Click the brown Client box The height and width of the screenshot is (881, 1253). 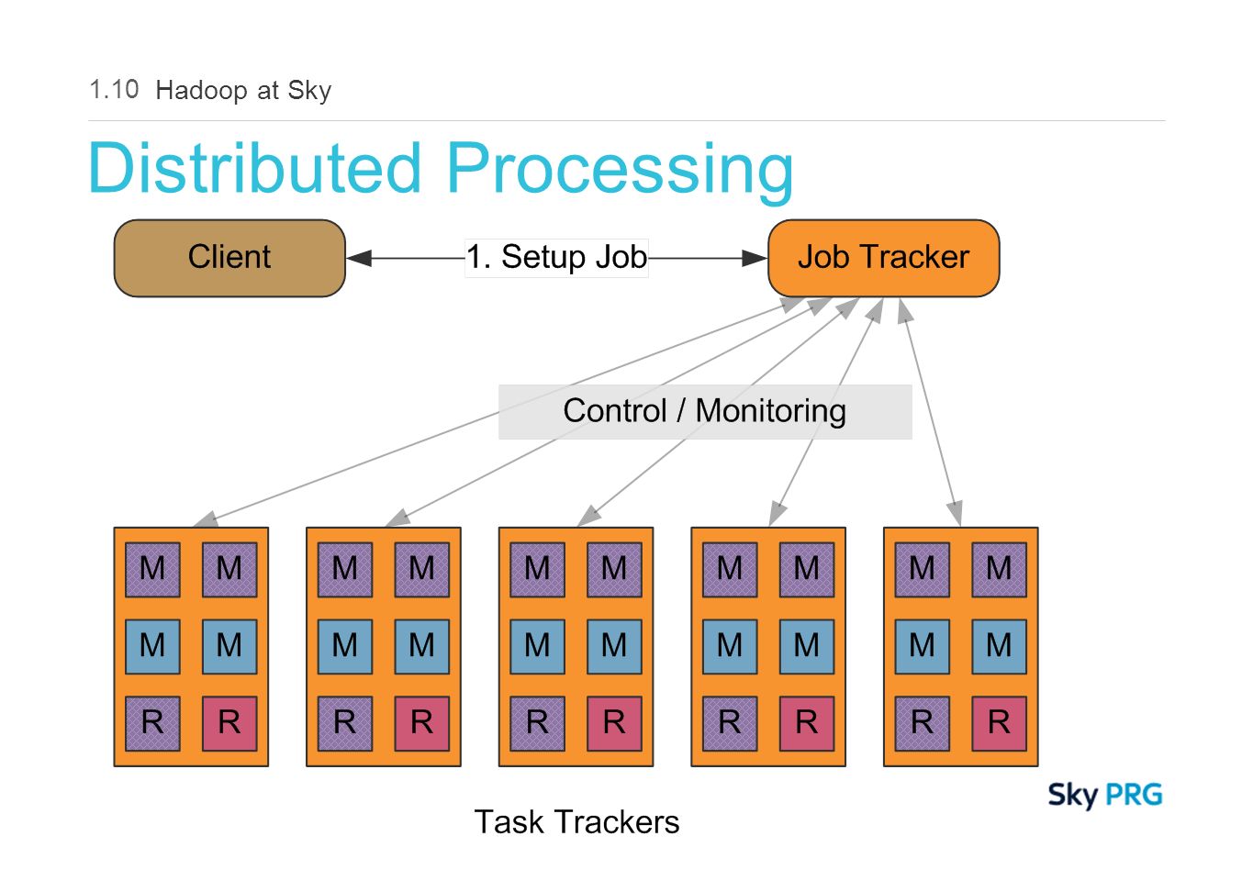(x=229, y=259)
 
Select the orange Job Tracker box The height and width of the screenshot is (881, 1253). (x=884, y=259)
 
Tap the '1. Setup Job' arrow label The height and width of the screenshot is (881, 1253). (x=557, y=258)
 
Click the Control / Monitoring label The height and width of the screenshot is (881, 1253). (x=705, y=412)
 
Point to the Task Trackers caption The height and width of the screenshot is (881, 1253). (x=577, y=823)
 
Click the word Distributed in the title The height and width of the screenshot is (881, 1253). (x=255, y=168)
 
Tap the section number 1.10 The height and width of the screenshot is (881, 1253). (x=114, y=90)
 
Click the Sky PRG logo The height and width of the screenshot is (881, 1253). (x=1105, y=796)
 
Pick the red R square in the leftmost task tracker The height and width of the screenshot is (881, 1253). (x=229, y=724)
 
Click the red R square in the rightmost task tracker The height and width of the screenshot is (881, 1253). (x=1000, y=724)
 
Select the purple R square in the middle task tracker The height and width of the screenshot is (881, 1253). (x=538, y=724)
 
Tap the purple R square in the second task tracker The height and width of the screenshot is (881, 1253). (x=345, y=724)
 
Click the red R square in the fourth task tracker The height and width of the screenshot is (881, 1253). (x=807, y=724)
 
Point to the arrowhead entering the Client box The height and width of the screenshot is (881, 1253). (x=359, y=259)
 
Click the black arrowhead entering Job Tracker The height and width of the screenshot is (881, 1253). (x=755, y=259)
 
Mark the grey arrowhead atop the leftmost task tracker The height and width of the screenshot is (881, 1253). (x=206, y=519)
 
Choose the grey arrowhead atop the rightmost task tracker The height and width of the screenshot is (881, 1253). (x=956, y=514)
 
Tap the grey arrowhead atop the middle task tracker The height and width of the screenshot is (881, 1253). (x=589, y=516)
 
